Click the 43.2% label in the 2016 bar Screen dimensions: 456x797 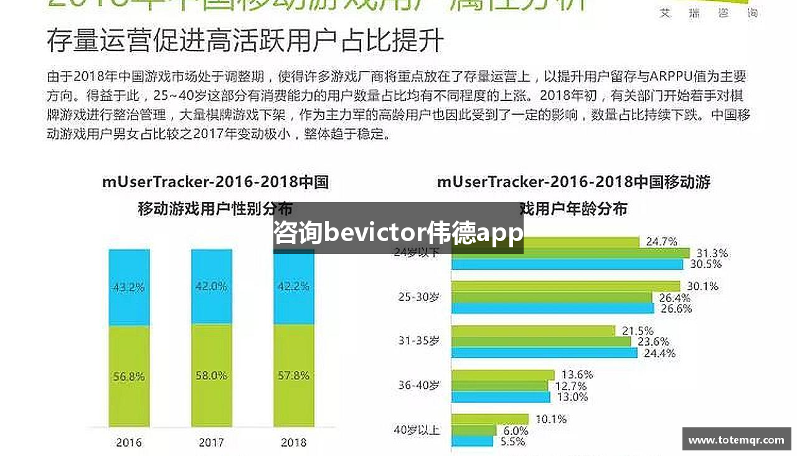pos(129,288)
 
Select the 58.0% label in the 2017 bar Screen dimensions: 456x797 pos(212,376)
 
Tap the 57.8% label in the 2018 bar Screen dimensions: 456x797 pos(293,376)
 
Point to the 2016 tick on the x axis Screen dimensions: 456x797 pos(129,442)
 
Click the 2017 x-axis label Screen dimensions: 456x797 pos(212,442)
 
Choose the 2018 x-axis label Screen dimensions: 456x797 pos(293,442)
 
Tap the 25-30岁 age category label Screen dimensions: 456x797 pos(418,297)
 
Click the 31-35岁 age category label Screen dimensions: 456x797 pos(418,341)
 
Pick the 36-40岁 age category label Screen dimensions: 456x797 pos(418,385)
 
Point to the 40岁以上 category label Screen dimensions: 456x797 pos(417,429)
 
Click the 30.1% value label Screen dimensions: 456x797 pos(702,287)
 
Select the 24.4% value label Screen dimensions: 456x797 pos(659,353)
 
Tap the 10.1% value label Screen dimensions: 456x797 pos(550,419)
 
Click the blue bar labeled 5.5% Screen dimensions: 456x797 pos(472,441)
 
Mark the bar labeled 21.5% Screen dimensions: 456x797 pos(532,331)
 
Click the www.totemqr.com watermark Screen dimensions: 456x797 pos(736,439)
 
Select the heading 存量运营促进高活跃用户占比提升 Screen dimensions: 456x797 pos(245,40)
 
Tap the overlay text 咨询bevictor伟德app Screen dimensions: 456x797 pos(398,234)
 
